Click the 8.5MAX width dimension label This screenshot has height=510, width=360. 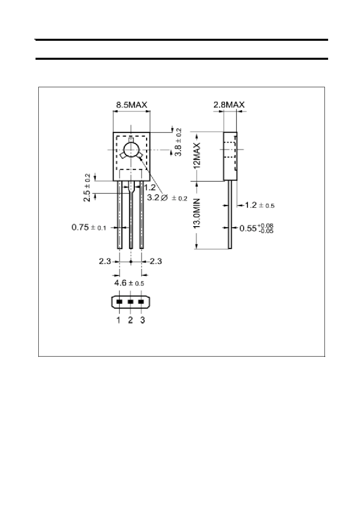click(132, 105)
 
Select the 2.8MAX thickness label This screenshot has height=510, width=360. click(229, 105)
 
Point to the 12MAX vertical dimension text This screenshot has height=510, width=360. click(197, 155)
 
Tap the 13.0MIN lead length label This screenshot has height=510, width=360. click(197, 213)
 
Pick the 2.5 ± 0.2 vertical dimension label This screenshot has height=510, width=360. click(87, 188)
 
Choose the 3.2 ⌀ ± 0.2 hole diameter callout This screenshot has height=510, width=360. click(167, 198)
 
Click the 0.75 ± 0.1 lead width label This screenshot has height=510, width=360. click(89, 227)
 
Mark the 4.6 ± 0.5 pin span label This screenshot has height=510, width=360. click(129, 283)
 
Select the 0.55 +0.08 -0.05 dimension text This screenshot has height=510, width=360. click(256, 228)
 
